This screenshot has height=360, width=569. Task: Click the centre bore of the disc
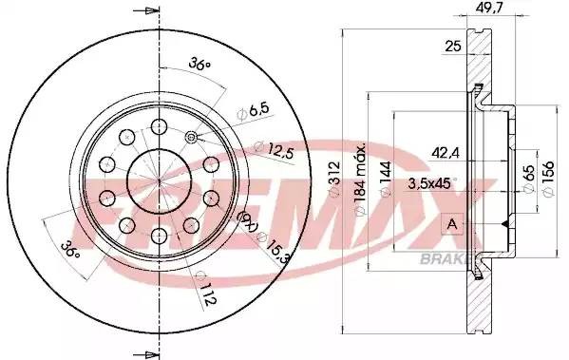pos(157,180)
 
